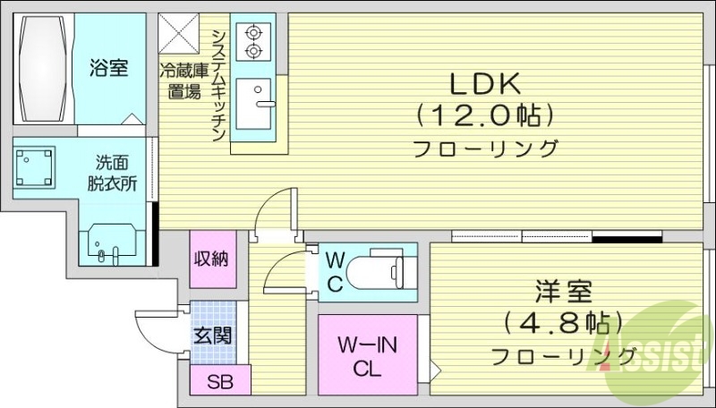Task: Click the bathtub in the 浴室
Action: pyautogui.click(x=42, y=69)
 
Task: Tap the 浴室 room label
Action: pyautogui.click(x=109, y=68)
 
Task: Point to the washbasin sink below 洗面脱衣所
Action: pyautogui.click(x=111, y=244)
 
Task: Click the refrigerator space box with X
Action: pyautogui.click(x=183, y=35)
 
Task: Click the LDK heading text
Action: pyautogui.click(x=484, y=84)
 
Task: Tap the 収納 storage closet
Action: pyautogui.click(x=211, y=259)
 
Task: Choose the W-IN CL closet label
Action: pyautogui.click(x=367, y=356)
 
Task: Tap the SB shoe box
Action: pyautogui.click(x=220, y=382)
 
